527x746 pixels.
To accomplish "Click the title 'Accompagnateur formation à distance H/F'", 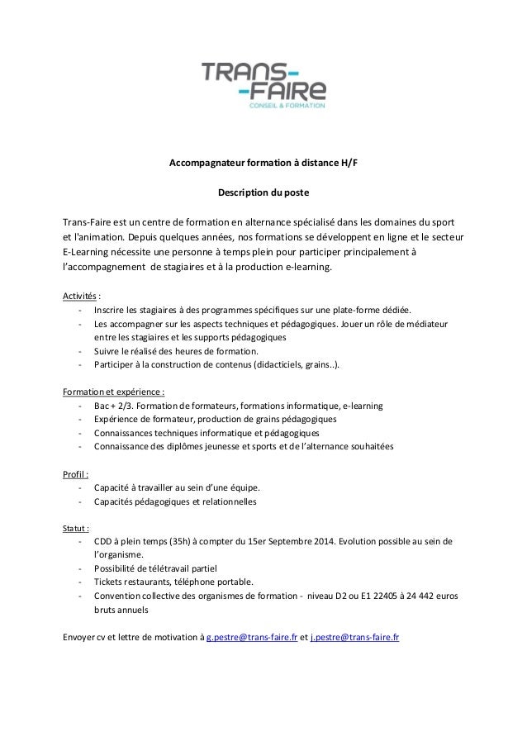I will (x=263, y=163).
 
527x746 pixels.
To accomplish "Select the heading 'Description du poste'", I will (x=263, y=192).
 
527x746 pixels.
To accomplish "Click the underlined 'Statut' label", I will (x=76, y=526).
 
